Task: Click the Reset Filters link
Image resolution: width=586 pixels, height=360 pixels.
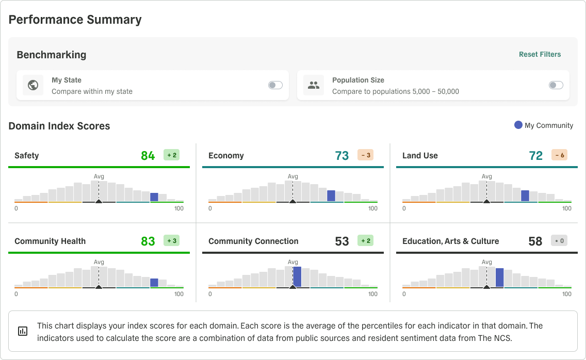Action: pos(540,54)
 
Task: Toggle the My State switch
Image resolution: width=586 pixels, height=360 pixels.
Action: pos(275,85)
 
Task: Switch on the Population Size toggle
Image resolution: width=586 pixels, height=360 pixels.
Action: pos(556,85)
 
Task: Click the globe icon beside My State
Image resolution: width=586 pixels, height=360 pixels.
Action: pos(33,85)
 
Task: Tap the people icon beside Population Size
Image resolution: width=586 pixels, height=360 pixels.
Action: pos(314,85)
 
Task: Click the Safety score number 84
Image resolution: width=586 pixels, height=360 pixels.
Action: pos(148,156)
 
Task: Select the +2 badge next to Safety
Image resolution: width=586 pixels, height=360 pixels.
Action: pos(172,155)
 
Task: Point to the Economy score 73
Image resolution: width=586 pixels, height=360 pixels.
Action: pos(342,156)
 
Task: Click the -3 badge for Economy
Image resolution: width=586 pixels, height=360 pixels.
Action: pos(366,155)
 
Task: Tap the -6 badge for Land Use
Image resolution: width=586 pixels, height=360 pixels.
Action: pos(560,155)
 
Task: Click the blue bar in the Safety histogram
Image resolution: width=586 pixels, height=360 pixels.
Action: pos(154,197)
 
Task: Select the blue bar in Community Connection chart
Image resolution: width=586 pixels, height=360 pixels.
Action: pos(297,276)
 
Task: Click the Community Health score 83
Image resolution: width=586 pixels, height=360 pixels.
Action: pos(148,241)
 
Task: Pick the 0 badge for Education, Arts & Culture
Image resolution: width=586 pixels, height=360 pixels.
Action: pos(560,241)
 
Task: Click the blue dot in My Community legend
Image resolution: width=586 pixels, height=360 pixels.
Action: pos(518,125)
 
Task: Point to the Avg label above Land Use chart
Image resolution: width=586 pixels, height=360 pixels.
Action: pos(487,176)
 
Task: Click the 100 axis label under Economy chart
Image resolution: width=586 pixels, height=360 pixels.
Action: pos(373,208)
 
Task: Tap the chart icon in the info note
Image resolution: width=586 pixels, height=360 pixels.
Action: pos(23,331)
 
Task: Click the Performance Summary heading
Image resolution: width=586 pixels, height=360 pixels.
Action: pos(75,20)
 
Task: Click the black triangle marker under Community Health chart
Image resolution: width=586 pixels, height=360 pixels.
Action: pos(99,287)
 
